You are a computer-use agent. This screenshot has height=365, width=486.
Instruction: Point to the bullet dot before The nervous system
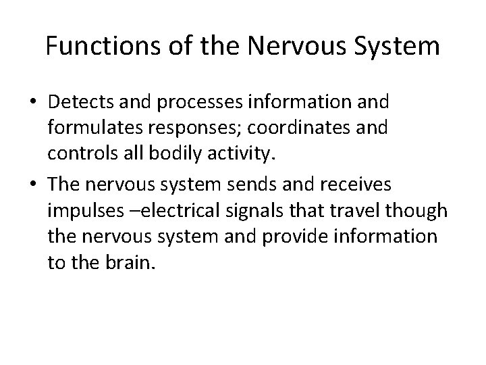33,185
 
